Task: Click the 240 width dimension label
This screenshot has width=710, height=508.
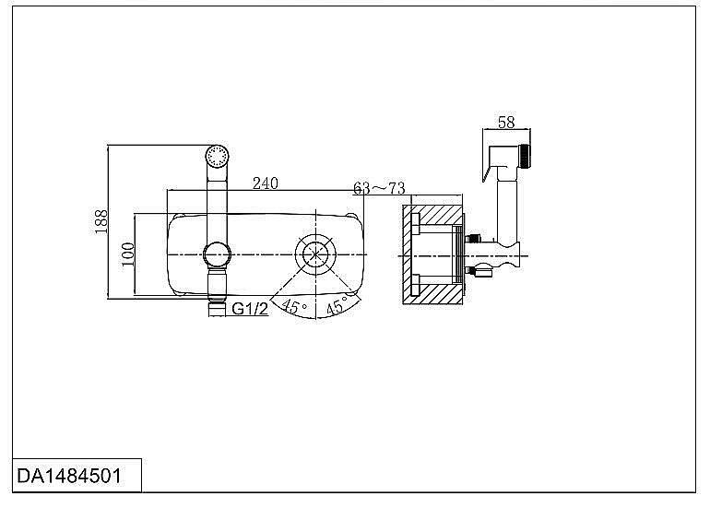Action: [x=266, y=183]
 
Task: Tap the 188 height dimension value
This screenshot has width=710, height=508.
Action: [x=101, y=221]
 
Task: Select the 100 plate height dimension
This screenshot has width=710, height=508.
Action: [x=128, y=254]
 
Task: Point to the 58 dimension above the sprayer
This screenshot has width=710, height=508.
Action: [x=506, y=123]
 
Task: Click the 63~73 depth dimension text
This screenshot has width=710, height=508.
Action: [x=379, y=188]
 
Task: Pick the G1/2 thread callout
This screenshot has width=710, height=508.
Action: [x=250, y=309]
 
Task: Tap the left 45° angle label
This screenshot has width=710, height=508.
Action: [x=294, y=305]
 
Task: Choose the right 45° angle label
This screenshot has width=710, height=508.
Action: [x=337, y=305]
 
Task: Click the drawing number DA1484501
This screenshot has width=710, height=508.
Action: [x=69, y=476]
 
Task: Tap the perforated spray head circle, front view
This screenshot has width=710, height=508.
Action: [x=218, y=157]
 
